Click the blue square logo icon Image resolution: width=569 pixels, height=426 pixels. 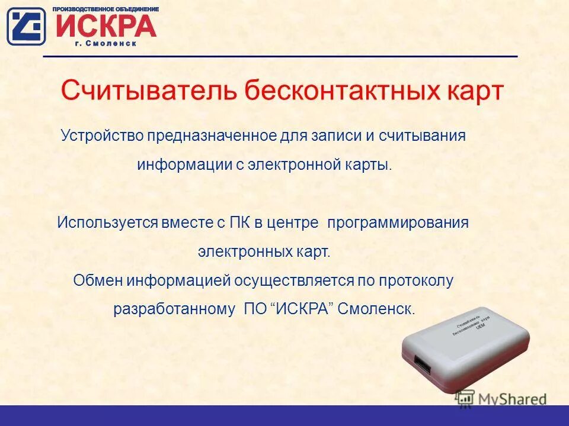point(26,26)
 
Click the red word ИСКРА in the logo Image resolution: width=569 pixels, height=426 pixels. point(106,25)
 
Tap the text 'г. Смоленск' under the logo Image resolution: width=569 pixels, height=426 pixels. point(106,44)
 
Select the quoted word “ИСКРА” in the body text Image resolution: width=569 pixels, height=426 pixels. point(302,309)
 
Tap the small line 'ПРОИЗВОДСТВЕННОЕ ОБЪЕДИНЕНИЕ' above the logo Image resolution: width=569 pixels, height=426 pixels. point(106,9)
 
